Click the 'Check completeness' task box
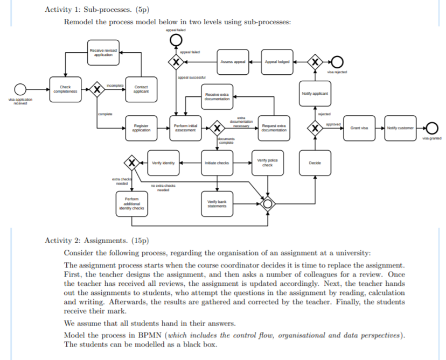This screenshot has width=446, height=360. tap(65, 89)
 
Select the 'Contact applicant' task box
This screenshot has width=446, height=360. tap(141, 89)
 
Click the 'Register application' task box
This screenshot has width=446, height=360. tap(141, 128)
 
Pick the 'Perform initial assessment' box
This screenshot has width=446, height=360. tap(185, 128)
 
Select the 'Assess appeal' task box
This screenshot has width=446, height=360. tap(233, 62)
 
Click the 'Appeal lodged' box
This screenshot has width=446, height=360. tap(277, 62)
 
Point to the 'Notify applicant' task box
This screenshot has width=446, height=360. tap(315, 94)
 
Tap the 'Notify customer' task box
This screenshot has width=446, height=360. tap(401, 128)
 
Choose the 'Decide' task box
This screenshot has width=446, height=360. tap(315, 163)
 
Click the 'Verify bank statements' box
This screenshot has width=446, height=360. tap(217, 203)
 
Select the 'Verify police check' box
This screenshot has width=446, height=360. tap(267, 163)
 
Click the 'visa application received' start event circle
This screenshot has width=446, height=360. tap(20, 89)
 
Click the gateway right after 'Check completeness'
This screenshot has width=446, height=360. tap(97, 89)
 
